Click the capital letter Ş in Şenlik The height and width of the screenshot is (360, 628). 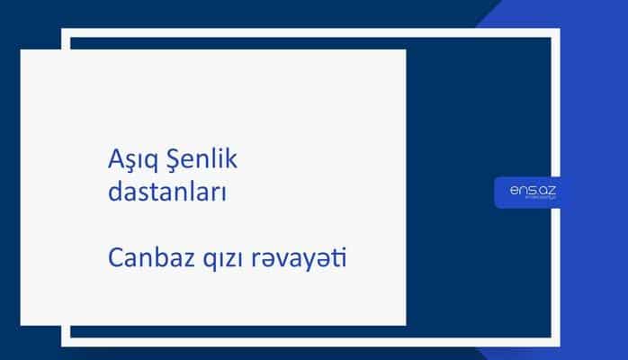click(x=170, y=162)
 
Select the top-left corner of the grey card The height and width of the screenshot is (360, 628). click(x=22, y=50)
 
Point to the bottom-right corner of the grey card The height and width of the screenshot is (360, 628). click(x=405, y=324)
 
